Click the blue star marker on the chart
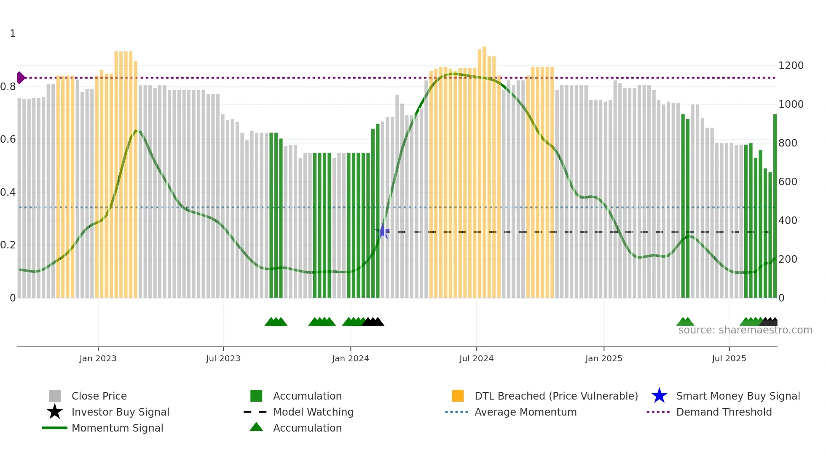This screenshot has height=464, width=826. click(x=383, y=231)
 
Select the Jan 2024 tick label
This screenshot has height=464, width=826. click(x=350, y=358)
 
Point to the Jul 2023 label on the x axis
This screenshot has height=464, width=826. click(x=223, y=358)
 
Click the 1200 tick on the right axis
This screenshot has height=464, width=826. click(x=791, y=66)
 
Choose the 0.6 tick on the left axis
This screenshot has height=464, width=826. click(x=8, y=139)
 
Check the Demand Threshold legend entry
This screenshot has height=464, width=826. click(x=724, y=412)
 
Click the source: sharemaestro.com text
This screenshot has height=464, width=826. click(x=745, y=330)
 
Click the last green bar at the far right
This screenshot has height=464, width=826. click(x=775, y=206)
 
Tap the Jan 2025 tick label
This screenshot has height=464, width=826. click(x=603, y=358)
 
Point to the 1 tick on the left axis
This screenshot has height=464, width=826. click(x=13, y=34)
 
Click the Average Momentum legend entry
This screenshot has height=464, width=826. click(x=525, y=412)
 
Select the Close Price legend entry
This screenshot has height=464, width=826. click(x=99, y=396)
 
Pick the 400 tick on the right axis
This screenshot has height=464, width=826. click(x=787, y=221)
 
